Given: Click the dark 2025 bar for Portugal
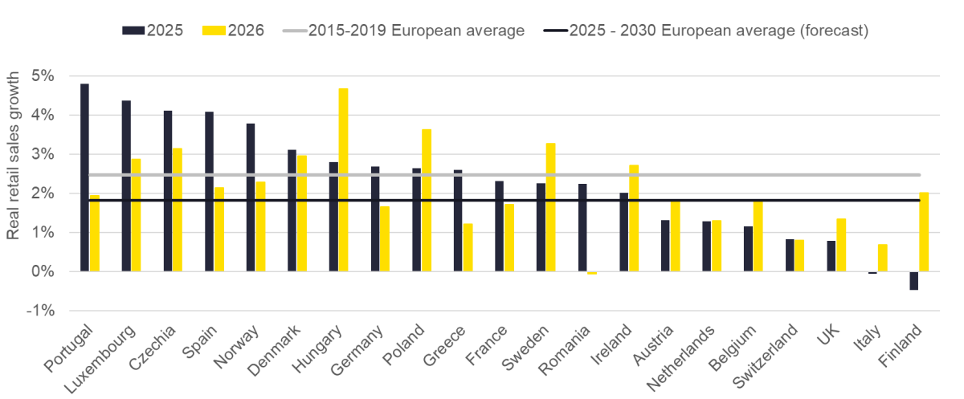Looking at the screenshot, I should click(84, 177).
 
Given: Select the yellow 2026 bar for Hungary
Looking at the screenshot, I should click(343, 180).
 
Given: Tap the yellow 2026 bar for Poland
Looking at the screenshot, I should click(427, 200).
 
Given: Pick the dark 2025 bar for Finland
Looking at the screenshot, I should click(913, 281).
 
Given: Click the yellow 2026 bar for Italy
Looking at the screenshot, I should click(882, 258).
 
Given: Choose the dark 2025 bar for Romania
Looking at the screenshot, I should click(582, 228).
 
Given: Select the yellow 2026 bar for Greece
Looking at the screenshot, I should click(468, 247).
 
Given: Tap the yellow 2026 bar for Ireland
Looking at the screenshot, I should click(634, 218).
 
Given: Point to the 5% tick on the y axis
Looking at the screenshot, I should click(43, 76).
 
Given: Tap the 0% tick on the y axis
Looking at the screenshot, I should click(43, 271).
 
